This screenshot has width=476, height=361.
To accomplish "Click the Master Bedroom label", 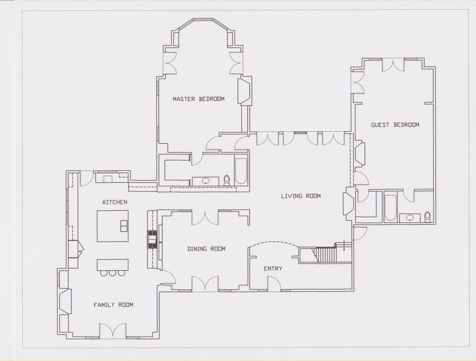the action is pos(199,99).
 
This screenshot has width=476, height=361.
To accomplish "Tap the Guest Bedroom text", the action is pos(395,125).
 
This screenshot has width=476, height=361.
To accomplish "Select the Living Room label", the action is pos(301,196).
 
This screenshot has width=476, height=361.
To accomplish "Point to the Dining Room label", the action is pos(206,249).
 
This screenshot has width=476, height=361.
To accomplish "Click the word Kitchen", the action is pos(115,202).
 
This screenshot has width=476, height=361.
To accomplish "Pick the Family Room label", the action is pos(113,305).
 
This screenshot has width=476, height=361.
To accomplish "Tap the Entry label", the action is pos(273,269).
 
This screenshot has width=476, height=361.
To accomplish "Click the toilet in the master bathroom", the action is pos(227,180).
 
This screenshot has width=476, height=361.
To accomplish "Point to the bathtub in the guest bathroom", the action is pos(391,208).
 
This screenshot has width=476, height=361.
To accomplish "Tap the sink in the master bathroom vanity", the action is pos(206,181).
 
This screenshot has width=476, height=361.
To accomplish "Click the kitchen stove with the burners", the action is pos(153,239).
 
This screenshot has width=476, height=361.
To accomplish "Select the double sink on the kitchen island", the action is pos(124,226).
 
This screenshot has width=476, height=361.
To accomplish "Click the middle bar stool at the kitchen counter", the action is pos(112,273).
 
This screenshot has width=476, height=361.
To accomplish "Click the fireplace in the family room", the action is pos(65,302).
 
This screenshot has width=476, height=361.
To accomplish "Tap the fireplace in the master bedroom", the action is pos(244,91).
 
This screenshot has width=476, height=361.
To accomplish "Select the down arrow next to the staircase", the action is pos(344,246).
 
